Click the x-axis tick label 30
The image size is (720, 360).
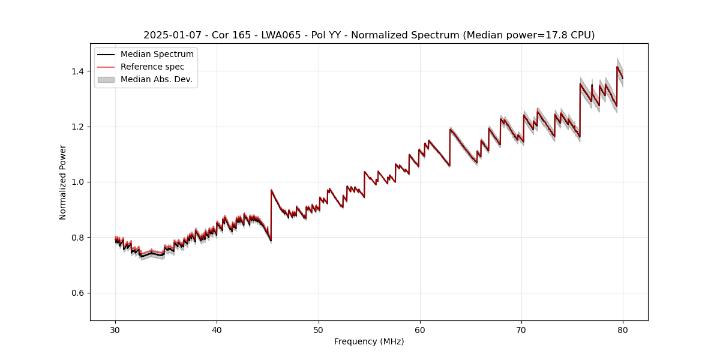(115, 330)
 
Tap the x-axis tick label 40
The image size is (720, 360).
(217, 330)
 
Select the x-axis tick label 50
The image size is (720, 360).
(319, 330)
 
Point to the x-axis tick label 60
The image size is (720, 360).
(420, 330)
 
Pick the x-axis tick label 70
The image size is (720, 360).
(521, 330)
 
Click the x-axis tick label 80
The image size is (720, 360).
(623, 330)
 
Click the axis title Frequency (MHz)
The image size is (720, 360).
(369, 341)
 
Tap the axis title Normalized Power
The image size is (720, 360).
(63, 182)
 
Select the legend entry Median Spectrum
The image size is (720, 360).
(157, 55)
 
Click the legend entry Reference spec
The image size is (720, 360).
(152, 67)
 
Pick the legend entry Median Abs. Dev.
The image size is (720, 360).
(156, 79)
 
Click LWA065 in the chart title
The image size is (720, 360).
(281, 35)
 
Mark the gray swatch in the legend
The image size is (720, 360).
(106, 79)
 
